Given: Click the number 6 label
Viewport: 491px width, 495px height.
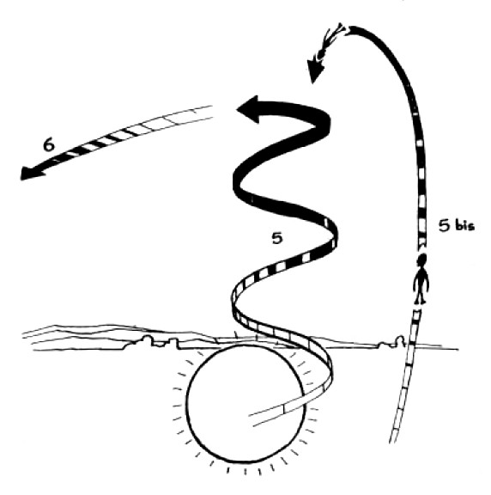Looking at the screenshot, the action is [49, 145].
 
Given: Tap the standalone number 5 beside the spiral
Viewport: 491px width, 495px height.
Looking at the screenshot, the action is [277, 238].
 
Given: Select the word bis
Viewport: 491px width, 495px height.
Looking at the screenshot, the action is [463, 225].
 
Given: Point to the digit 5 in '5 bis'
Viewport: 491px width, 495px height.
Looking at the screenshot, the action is [445, 226].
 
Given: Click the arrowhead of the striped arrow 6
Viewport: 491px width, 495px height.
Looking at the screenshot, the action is [32, 172].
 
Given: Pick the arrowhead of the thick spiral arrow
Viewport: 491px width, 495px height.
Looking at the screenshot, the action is [248, 109].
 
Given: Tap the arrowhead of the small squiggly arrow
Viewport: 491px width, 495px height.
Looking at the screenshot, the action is [314, 70].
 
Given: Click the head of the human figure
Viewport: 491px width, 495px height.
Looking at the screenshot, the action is [421, 261].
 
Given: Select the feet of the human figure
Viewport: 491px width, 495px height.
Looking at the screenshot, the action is [421, 301].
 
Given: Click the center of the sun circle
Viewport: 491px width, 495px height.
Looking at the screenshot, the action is [245, 403].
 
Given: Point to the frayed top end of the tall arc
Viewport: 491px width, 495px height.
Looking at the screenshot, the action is [347, 31].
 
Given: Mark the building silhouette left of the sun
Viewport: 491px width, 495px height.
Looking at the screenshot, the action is [155, 342].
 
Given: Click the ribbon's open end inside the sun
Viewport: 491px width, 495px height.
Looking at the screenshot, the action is [252, 420].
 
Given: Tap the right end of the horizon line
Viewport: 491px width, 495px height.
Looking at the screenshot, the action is [458, 349].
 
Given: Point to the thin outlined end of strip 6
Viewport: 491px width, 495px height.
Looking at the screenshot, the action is [212, 112].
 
